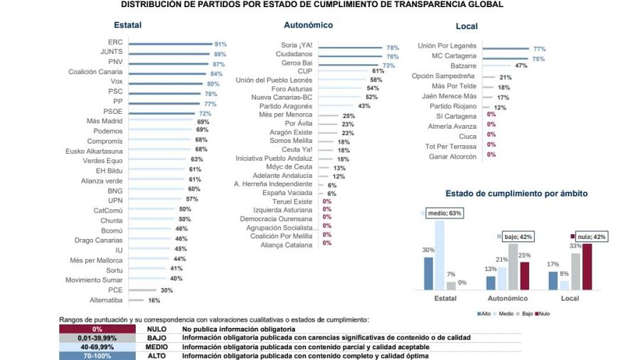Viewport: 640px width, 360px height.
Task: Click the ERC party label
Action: click(114, 43)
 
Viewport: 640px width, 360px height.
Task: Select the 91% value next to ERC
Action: click(220, 44)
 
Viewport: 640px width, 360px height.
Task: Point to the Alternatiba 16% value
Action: click(154, 301)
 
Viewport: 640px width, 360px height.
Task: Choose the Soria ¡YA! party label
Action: click(297, 46)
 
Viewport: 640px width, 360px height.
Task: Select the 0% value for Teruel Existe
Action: click(327, 202)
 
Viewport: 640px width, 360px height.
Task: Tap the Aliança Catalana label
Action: click(287, 245)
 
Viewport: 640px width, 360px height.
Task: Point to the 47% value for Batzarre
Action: click(521, 66)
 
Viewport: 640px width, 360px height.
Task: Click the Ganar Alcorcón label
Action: click(452, 156)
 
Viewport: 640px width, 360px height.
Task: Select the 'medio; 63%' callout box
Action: click(444, 212)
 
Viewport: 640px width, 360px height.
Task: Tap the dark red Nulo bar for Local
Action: click(587, 267)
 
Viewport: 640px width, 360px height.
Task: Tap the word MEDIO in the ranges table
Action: click(156, 347)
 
